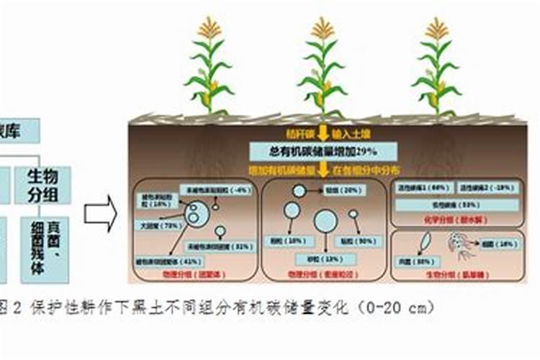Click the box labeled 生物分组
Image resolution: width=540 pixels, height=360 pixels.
[43, 185]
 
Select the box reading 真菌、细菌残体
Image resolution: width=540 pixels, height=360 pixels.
[44, 248]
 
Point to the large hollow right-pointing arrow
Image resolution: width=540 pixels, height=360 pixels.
[100, 215]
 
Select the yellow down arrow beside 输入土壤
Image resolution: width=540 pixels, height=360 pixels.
[324, 132]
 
